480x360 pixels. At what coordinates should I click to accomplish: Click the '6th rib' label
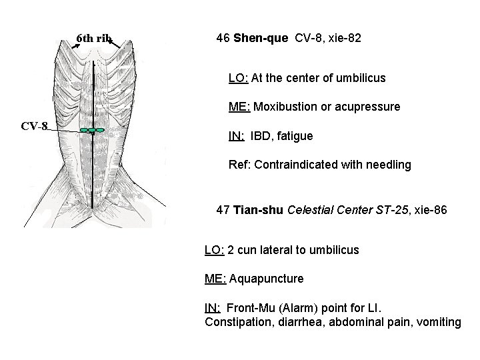tap(95, 38)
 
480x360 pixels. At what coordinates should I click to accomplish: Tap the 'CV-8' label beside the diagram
tap(34, 126)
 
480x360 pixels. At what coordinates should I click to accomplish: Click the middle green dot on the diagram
tap(91, 130)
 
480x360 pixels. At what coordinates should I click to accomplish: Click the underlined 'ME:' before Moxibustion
tap(238, 107)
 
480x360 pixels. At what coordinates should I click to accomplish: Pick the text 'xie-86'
tap(431, 211)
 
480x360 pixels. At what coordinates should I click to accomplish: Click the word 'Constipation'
tap(235, 323)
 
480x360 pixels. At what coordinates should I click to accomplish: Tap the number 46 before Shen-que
tap(223, 39)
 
